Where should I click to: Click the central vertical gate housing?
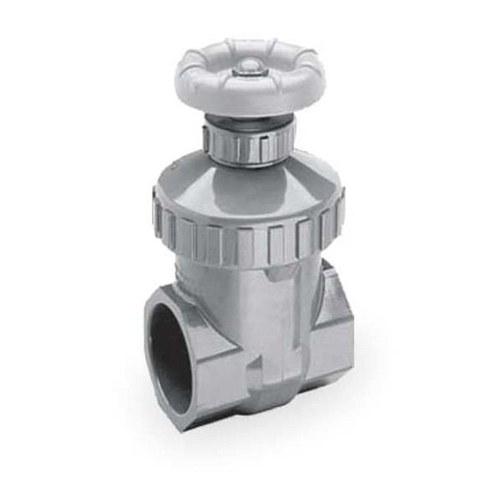pyautogui.click(x=267, y=326)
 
